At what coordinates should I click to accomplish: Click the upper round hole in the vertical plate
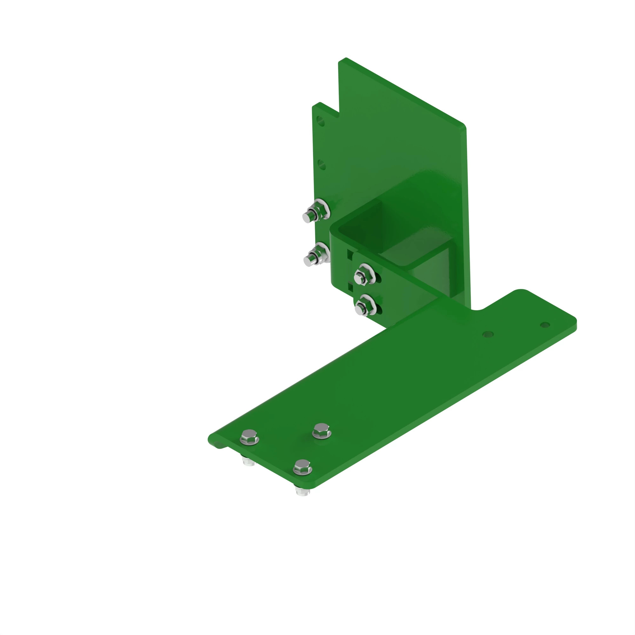pyautogui.click(x=320, y=121)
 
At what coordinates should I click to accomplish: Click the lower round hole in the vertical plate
pyautogui.click(x=322, y=164)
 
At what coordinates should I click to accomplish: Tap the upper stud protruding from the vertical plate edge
pyautogui.click(x=307, y=217)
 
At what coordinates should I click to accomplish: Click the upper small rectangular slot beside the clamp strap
pyautogui.click(x=350, y=254)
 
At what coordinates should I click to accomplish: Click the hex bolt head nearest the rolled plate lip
pyautogui.click(x=250, y=437)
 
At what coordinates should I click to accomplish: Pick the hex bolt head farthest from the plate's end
pyautogui.click(x=321, y=430)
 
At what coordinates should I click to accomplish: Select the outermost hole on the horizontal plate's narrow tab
pyautogui.click(x=545, y=325)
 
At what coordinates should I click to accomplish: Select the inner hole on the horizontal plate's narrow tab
pyautogui.click(x=488, y=334)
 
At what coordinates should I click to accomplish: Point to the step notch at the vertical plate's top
pyautogui.click(x=338, y=115)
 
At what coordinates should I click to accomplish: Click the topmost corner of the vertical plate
pyautogui.click(x=346, y=59)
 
